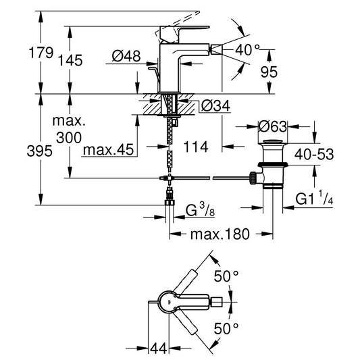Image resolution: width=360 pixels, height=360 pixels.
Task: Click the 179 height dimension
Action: (41, 53)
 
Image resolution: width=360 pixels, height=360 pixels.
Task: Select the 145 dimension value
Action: (70, 61)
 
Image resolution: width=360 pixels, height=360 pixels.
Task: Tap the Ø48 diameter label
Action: (126, 56)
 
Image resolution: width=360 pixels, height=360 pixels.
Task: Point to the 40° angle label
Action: (247, 50)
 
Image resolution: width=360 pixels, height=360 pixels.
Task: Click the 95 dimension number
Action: (269, 72)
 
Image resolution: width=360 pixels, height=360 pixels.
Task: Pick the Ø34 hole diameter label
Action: (215, 106)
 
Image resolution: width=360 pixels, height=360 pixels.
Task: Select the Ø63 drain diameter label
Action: (273, 126)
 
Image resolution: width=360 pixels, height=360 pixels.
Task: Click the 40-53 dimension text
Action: (314, 154)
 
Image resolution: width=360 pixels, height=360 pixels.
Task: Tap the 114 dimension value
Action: (196, 147)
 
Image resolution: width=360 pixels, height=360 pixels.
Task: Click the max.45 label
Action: (108, 150)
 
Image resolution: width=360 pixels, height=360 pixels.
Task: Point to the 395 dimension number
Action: (39, 151)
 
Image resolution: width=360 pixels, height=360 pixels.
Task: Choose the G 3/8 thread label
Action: (200, 211)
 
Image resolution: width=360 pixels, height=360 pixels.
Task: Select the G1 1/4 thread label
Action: (314, 198)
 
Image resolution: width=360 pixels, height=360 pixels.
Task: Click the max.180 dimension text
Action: (220, 234)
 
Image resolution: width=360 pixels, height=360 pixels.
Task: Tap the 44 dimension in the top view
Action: (159, 349)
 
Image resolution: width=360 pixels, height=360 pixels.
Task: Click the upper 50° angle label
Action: (226, 276)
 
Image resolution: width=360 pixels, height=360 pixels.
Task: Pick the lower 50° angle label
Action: (226, 328)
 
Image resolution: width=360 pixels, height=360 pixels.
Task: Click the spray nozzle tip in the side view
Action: (217, 49)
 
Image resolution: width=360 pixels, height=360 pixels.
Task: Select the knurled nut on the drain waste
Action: (253, 178)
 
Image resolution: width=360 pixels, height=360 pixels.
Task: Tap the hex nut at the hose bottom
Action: (170, 203)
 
